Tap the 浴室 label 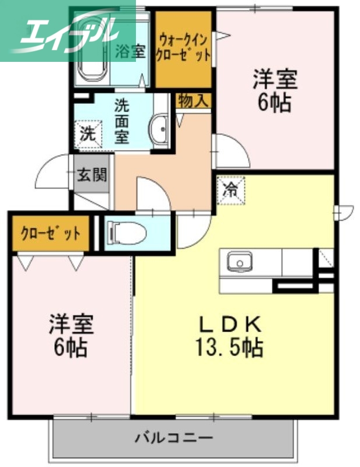pos(130,50)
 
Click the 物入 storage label pos(193,100)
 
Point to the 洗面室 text pos(121,121)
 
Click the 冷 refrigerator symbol pos(231,189)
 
